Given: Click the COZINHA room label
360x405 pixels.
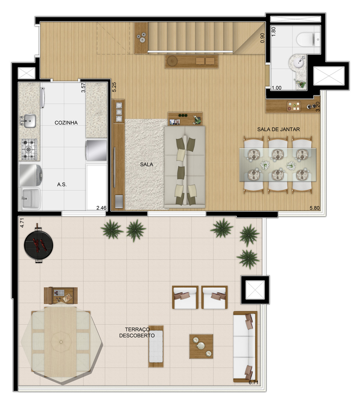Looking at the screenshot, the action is point(66,123).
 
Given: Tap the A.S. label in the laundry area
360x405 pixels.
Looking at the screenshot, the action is point(62,184).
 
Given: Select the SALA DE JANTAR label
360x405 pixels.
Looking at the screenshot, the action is point(278,129).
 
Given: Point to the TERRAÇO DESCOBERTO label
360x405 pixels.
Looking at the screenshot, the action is point(137,332).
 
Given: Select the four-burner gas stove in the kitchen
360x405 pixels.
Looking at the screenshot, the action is point(29,149).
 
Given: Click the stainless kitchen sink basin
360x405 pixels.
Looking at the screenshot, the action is point(30,121).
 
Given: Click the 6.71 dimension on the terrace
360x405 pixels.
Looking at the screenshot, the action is point(253,382).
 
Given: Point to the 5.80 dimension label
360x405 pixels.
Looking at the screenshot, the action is point(315,208).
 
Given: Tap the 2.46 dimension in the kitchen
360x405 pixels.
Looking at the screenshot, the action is point(101,208).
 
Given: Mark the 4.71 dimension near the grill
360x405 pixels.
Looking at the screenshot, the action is point(22,223).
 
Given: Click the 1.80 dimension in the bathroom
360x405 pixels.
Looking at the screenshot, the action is point(274,31).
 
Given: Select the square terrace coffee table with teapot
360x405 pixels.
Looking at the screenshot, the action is point(201,346).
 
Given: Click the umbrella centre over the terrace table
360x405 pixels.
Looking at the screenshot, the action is point(61,342).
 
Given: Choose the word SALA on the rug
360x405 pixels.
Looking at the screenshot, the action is point(147,164).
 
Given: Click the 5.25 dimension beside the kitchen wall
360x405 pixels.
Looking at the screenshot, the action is point(114,87).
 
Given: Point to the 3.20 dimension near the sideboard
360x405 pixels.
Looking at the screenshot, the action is point(318,106).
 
